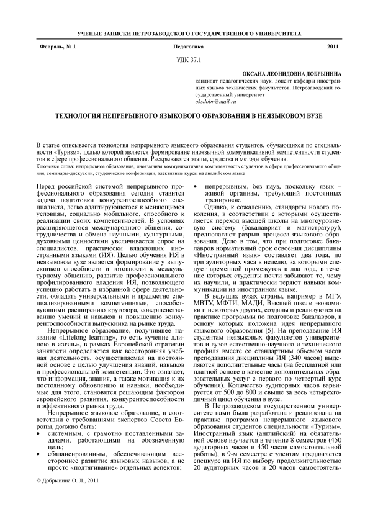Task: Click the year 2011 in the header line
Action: [332, 48]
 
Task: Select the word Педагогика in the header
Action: [189, 48]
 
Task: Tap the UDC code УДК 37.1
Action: [189, 60]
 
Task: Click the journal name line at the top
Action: [189, 31]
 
